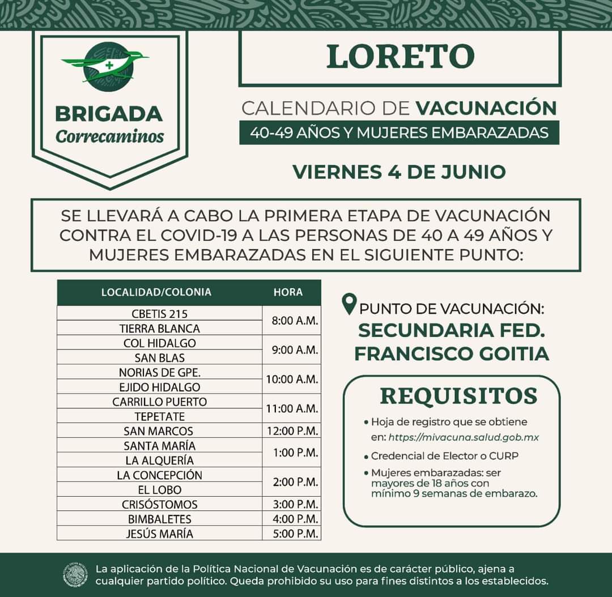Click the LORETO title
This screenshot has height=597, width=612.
click(x=400, y=57)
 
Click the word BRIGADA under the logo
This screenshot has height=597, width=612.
click(x=109, y=113)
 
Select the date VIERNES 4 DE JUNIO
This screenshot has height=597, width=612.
click(x=399, y=171)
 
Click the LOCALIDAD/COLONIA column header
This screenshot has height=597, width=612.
click(x=156, y=292)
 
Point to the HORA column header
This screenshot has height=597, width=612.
click(x=288, y=292)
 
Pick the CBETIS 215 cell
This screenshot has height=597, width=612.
click(x=159, y=313)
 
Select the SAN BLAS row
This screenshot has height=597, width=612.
click(x=159, y=357)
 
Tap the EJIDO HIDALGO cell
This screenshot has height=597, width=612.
click(x=159, y=387)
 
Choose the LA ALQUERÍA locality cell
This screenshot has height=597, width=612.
click(x=159, y=460)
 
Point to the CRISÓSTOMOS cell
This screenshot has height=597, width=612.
click(x=159, y=504)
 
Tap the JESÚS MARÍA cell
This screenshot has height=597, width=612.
click(x=159, y=534)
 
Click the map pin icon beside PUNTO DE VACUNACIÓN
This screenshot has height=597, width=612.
click(x=350, y=304)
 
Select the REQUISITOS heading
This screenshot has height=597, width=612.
click(x=458, y=396)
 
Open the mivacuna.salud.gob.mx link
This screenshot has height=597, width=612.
click(x=463, y=437)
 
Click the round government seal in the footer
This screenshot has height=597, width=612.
click(x=75, y=574)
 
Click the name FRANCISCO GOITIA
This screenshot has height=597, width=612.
click(x=452, y=353)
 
